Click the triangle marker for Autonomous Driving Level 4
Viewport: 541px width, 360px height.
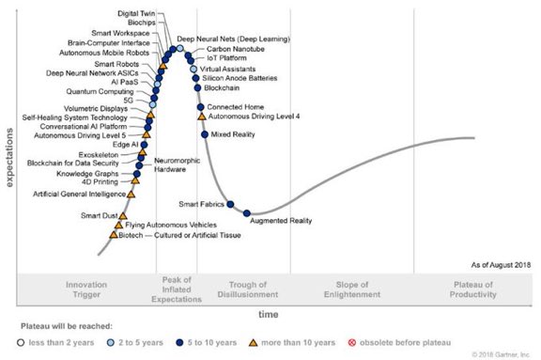pos(201,117)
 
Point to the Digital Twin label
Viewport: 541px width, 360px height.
pos(136,14)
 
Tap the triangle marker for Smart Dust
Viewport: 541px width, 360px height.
pos(117,215)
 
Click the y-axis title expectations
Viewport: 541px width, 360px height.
pos(9,150)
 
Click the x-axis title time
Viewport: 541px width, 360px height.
pos(269,314)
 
